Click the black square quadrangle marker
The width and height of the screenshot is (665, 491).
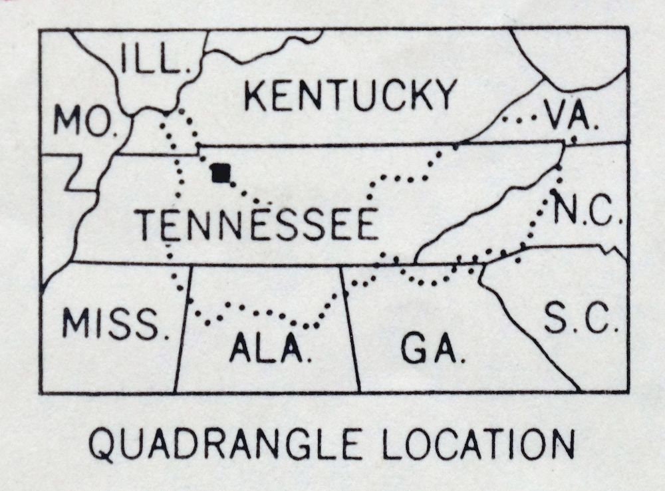[x=220, y=173]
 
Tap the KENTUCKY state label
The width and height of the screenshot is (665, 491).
[x=350, y=94]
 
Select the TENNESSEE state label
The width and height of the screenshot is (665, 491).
[x=257, y=225]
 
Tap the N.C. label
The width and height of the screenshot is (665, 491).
[x=587, y=211]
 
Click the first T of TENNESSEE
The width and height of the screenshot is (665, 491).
[x=148, y=225]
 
